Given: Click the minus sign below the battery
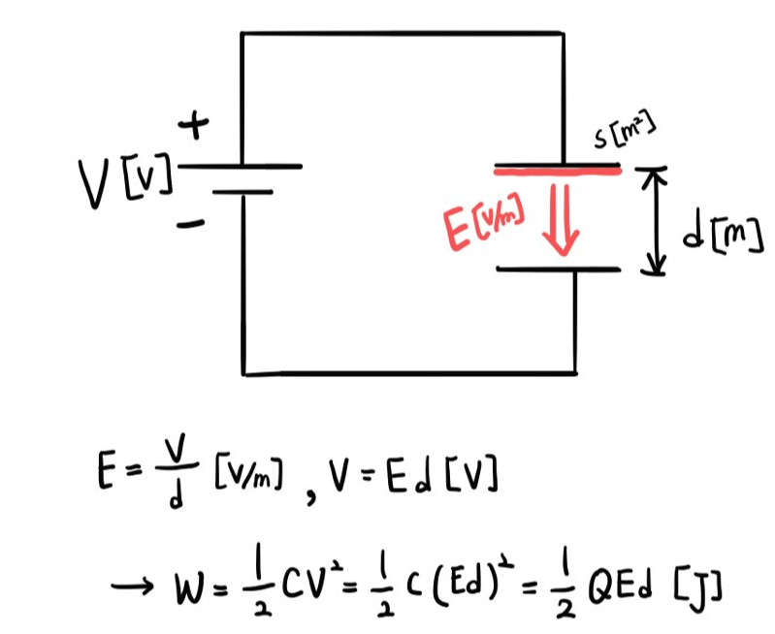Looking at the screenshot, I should point(192,224).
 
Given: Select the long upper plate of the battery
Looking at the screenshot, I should point(240,166).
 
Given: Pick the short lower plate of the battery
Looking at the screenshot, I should point(242,191).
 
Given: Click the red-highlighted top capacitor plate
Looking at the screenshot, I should point(558,171).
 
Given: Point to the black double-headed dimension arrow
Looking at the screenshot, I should point(657,220).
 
